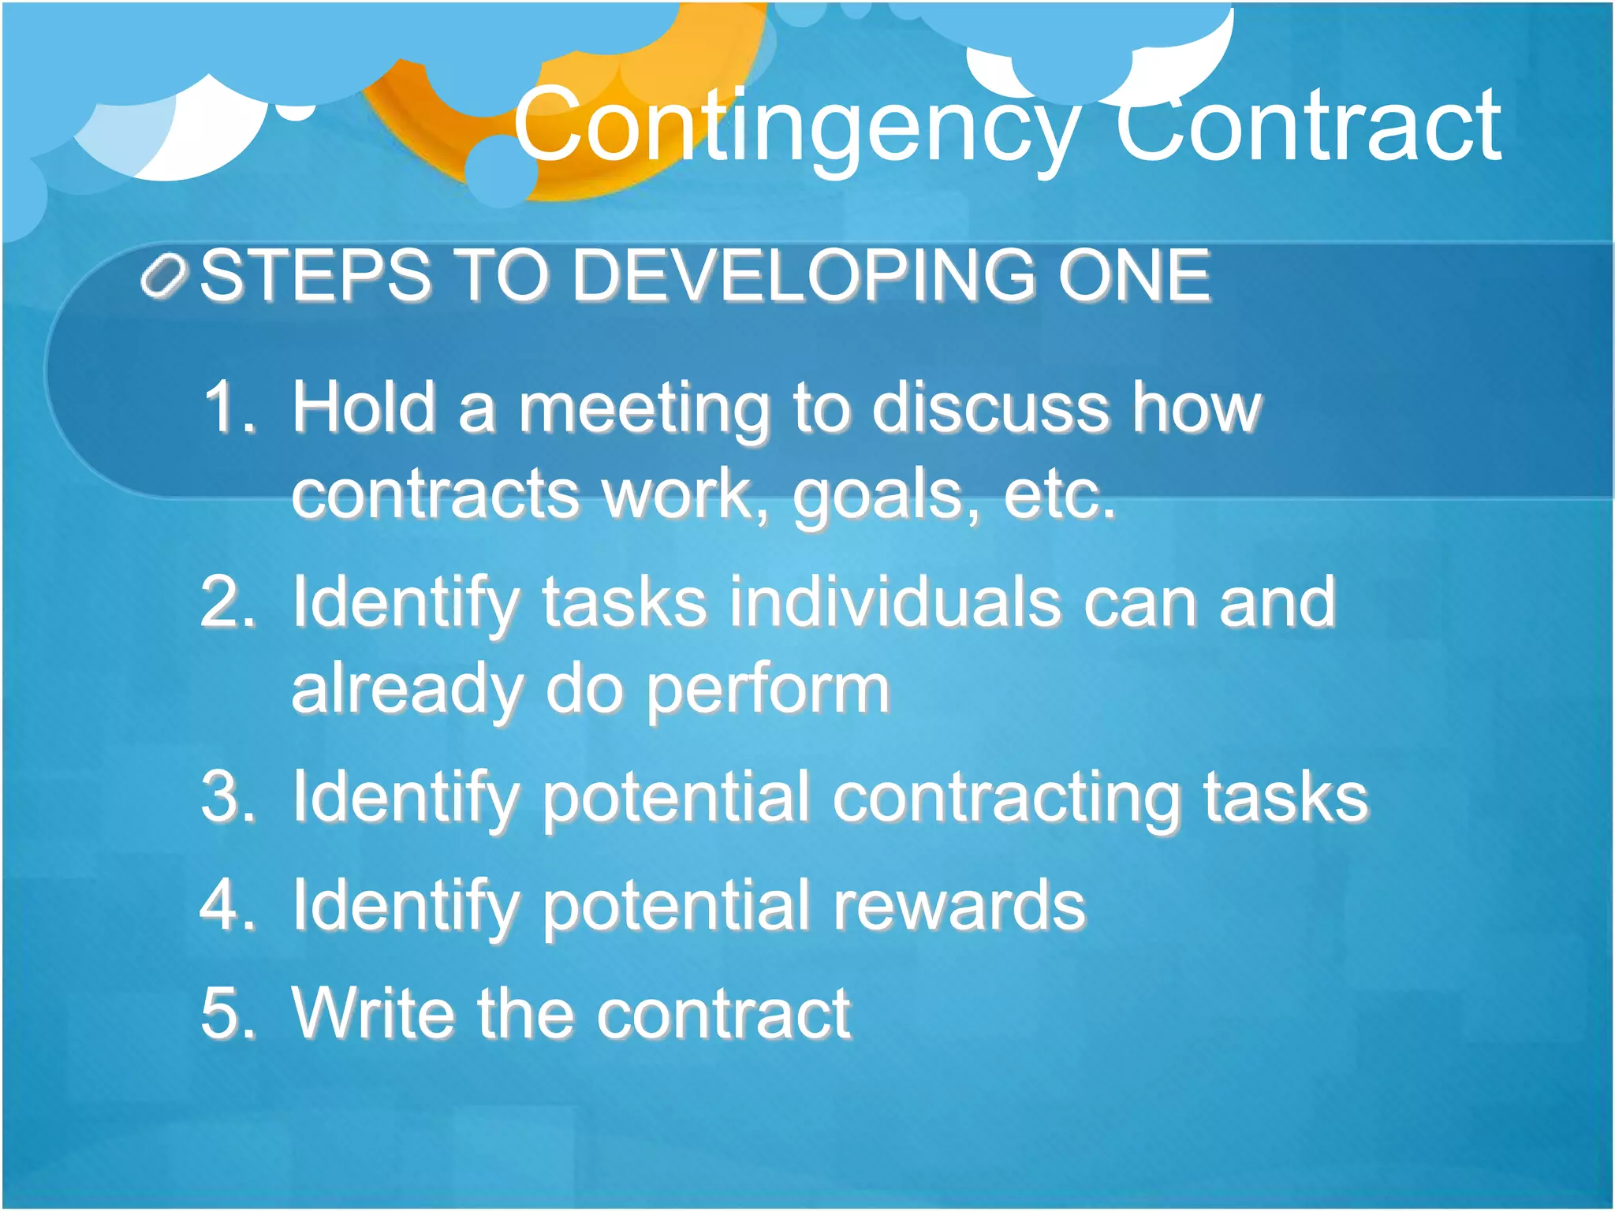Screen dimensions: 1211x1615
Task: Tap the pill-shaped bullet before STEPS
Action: [163, 277]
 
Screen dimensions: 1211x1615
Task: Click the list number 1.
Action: [229, 408]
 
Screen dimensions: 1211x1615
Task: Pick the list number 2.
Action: [229, 602]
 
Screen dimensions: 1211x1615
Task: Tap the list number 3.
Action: [229, 797]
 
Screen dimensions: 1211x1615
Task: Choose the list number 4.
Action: [229, 905]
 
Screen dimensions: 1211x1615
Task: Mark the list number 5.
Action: [229, 1013]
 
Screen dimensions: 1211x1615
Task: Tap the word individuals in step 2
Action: [894, 602]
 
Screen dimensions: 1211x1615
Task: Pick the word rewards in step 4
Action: [959, 905]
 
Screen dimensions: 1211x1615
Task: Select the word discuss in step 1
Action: [990, 408]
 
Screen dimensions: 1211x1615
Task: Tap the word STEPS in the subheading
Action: [315, 275]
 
